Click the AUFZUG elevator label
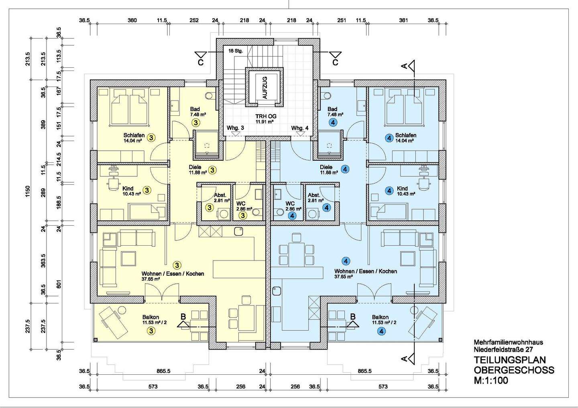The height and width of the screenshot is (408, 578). tap(265, 88)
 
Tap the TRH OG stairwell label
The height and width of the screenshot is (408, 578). tap(266, 116)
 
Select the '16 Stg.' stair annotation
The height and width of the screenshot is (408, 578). tap(236, 51)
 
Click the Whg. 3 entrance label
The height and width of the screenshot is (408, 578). tap(235, 128)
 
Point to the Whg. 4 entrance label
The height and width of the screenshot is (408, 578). tap(300, 128)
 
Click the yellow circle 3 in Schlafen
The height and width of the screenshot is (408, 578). tap(151, 138)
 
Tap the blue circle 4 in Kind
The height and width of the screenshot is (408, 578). tap(389, 191)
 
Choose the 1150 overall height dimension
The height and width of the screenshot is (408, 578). tap(28, 191)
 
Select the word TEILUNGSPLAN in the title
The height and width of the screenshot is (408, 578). tap(510, 360)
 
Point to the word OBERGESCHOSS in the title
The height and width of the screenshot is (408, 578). tap(514, 370)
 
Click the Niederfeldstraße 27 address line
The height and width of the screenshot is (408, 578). tap(503, 349)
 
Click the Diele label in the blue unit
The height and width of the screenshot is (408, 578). tap(326, 167)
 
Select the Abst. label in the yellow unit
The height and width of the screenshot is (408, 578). tap(220, 195)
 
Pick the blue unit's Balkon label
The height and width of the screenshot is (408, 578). tap(380, 317)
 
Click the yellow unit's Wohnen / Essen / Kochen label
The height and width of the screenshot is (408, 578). tap(173, 274)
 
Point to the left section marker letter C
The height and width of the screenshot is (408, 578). tap(201, 63)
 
